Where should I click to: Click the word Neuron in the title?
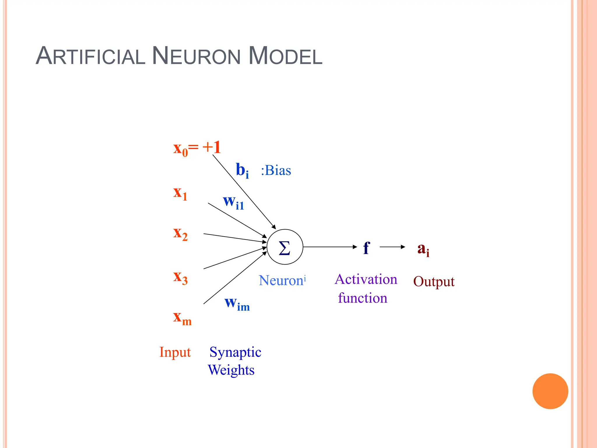[x=196, y=56]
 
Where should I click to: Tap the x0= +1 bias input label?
[x=197, y=148]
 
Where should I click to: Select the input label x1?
[x=180, y=193]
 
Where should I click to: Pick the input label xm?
[x=182, y=318]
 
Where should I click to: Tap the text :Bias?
[x=276, y=170]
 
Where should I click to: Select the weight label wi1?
[x=233, y=202]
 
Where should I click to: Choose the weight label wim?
[x=237, y=303]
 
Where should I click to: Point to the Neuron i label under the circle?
[x=282, y=280]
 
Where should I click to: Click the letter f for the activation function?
[x=366, y=248]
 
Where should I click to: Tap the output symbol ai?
[x=423, y=249]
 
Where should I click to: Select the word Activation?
[x=366, y=279]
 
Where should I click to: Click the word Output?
[x=434, y=282]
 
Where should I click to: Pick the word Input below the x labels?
[x=175, y=352]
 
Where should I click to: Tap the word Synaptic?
[x=235, y=352]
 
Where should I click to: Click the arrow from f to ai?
[x=392, y=247]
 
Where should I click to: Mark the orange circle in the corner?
[x=550, y=391]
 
